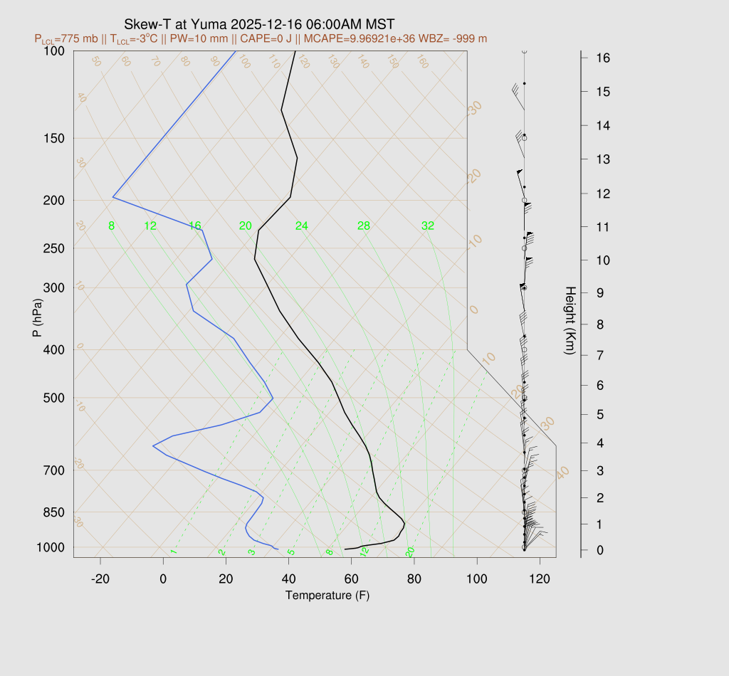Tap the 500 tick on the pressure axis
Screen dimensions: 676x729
click(x=54, y=398)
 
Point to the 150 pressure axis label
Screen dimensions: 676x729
click(x=54, y=138)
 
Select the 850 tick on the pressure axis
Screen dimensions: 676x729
click(x=54, y=512)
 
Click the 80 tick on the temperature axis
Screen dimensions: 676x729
click(x=414, y=579)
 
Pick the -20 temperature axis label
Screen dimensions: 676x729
click(x=100, y=579)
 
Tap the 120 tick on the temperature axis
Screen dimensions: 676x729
click(x=540, y=579)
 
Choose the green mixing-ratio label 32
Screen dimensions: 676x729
click(x=428, y=226)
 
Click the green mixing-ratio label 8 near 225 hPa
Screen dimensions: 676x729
click(x=111, y=226)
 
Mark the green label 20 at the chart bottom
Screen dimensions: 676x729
click(x=410, y=552)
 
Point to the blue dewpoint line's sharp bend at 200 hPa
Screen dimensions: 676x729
click(x=113, y=197)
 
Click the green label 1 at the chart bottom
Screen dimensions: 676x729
click(x=174, y=552)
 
